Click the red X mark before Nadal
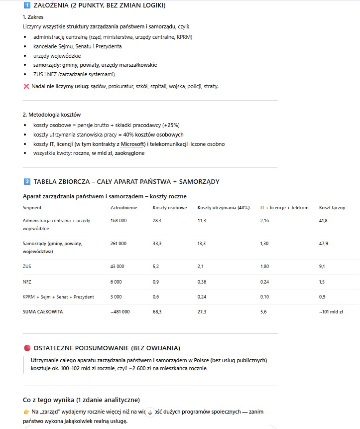tap(26, 86)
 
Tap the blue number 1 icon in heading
tap(27, 5)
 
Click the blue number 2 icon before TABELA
tap(27, 181)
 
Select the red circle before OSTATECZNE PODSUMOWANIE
tap(27, 348)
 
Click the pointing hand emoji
tap(26, 412)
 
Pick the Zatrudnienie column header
tap(123, 208)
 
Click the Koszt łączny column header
tap(332, 208)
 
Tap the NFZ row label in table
tap(27, 282)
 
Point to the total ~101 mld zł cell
tap(331, 311)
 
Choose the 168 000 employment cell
tap(119, 221)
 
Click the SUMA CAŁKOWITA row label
tap(43, 311)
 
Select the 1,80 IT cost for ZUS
tap(265, 267)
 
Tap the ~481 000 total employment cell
tap(120, 311)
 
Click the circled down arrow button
tap(150, 413)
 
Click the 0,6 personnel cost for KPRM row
tap(156, 297)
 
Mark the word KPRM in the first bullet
tap(185, 37)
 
